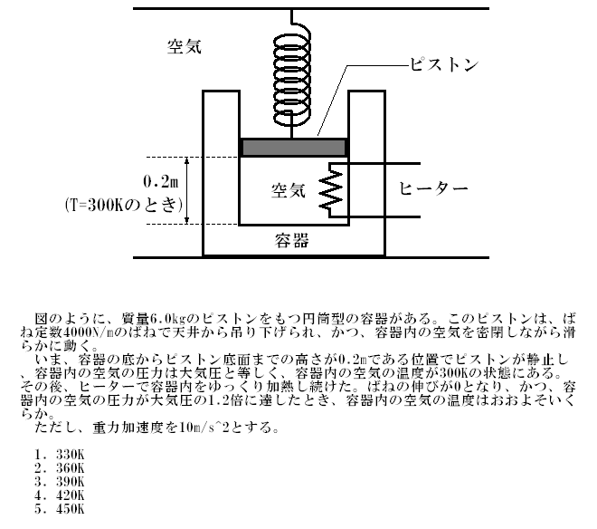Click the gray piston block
[x=294, y=148]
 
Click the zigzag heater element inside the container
[x=331, y=190]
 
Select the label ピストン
[x=444, y=65]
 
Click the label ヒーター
[x=433, y=188]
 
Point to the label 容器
[x=291, y=241]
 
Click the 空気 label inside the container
[x=289, y=190]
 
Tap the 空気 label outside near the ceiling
[x=185, y=46]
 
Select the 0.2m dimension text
[x=160, y=181]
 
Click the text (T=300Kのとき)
[x=123, y=206]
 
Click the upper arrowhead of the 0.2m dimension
[x=186, y=161]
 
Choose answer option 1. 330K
[x=60, y=455]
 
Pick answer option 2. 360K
[x=60, y=468]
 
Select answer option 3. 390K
[x=60, y=482]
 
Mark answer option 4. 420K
[x=60, y=495]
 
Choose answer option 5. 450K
[x=60, y=509]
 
